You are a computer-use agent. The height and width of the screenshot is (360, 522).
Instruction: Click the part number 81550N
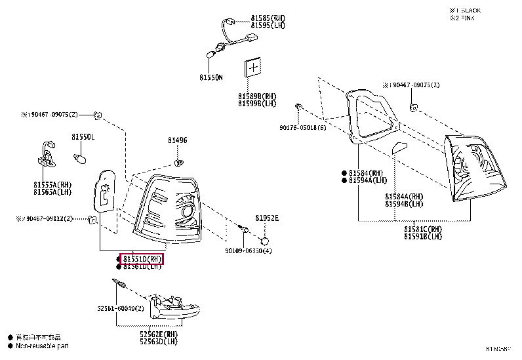click(x=211, y=77)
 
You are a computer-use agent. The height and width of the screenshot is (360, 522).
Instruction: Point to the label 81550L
click(x=83, y=136)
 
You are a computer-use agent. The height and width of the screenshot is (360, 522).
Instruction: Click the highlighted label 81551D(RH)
click(x=140, y=259)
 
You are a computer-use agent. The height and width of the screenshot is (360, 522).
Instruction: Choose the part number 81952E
click(x=267, y=218)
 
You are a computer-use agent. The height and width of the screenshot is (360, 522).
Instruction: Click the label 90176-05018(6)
click(x=302, y=128)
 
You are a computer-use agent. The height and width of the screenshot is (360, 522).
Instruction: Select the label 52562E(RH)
click(x=159, y=334)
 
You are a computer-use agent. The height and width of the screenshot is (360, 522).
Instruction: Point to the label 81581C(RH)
click(x=423, y=229)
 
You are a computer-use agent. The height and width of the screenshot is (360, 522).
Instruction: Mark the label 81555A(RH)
click(x=52, y=184)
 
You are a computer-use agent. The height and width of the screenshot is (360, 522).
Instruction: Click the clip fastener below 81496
click(x=178, y=161)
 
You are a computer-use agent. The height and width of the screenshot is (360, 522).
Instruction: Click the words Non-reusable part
click(x=42, y=346)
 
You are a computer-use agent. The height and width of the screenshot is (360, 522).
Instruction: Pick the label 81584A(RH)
click(x=404, y=196)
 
